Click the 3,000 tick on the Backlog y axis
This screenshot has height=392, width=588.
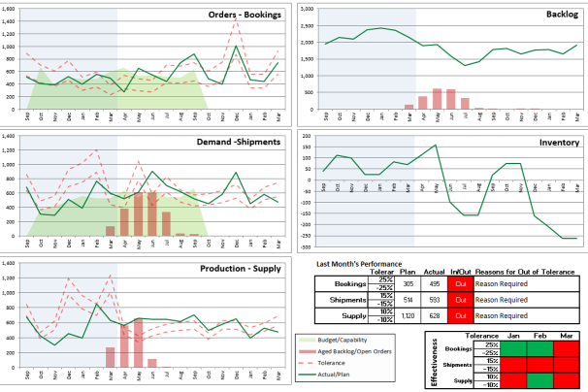310,10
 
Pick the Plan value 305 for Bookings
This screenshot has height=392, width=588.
408,284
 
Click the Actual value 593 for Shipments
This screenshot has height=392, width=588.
433,300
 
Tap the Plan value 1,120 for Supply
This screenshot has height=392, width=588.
408,315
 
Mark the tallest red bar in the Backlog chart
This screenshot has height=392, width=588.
437,99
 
